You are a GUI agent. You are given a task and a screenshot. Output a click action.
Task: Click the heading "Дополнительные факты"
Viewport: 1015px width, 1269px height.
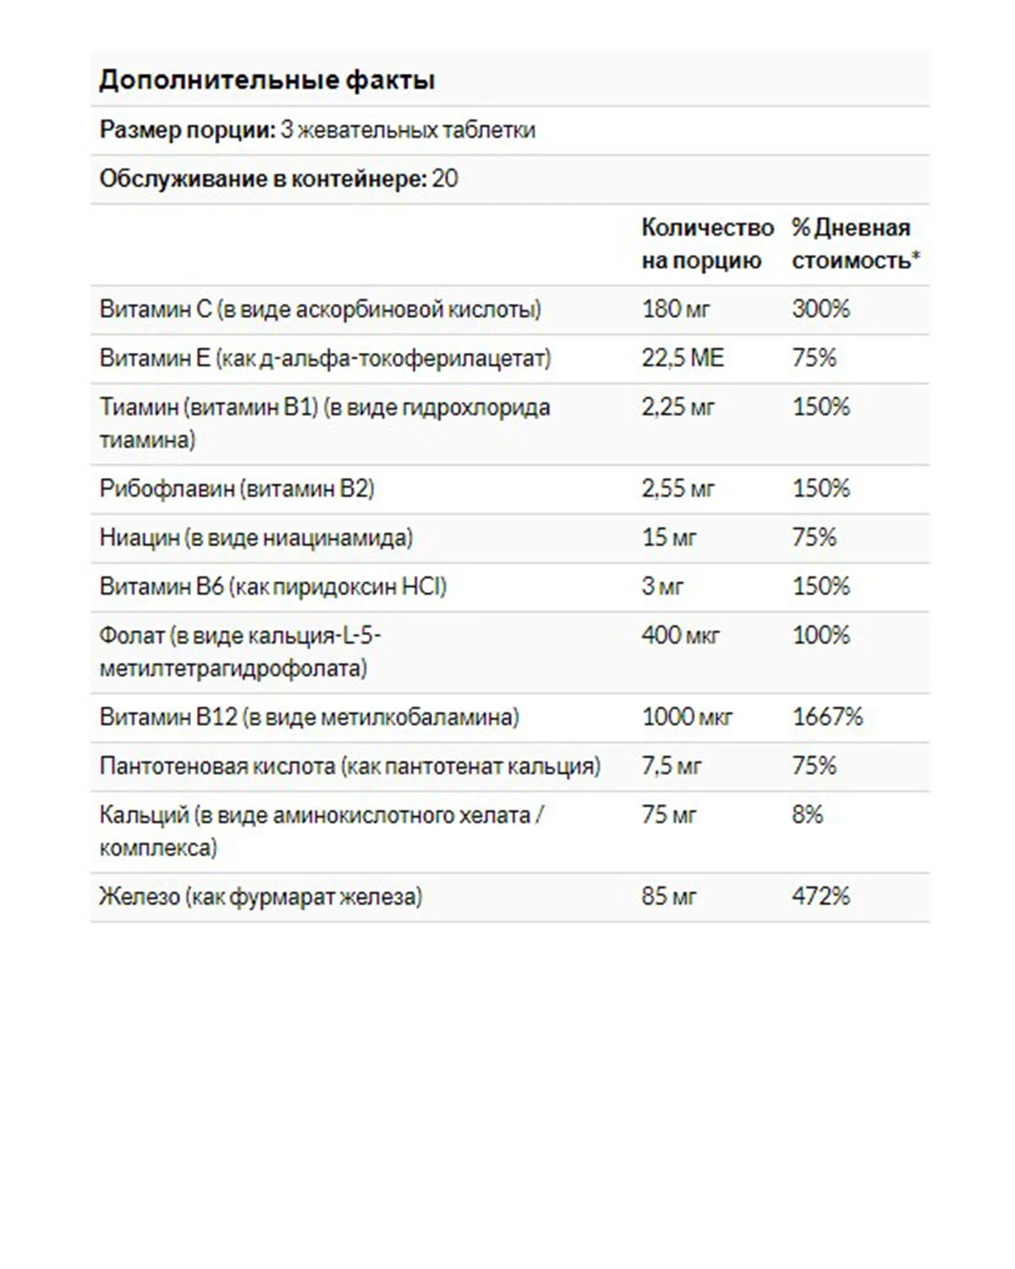(x=266, y=80)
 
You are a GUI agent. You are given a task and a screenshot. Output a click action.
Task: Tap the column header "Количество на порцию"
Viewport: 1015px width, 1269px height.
(x=706, y=244)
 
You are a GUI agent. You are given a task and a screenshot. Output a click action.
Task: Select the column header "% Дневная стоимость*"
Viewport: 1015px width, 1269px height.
(x=854, y=244)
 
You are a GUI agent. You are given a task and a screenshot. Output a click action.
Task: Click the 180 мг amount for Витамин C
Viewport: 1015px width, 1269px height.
(x=675, y=309)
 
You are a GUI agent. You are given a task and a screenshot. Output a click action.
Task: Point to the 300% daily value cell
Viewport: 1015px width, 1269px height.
(x=820, y=309)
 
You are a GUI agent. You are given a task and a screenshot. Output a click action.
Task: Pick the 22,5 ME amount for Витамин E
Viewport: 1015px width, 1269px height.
(x=683, y=358)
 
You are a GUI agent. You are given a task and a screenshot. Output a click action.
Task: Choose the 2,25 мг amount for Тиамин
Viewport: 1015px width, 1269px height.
(x=678, y=407)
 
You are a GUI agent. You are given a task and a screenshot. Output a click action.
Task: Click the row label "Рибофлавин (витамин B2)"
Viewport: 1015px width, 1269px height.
(x=237, y=488)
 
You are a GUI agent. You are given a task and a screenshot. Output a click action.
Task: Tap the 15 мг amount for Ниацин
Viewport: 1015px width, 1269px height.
(x=668, y=537)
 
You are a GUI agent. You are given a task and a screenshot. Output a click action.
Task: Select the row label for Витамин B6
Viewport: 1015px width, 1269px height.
(x=272, y=586)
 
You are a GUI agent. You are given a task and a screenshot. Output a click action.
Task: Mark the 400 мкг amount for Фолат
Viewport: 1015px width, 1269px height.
(x=680, y=635)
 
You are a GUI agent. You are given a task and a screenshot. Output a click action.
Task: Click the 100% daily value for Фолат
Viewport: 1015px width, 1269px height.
(x=820, y=635)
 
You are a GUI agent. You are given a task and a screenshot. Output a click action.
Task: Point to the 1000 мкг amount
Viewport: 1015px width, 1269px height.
(x=687, y=717)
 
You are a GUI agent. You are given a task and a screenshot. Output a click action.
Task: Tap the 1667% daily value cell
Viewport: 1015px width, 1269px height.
(x=827, y=717)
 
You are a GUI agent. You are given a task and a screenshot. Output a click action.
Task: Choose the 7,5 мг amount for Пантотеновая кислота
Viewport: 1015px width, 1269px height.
(x=672, y=766)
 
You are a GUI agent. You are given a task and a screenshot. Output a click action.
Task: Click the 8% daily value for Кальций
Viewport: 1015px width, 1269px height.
(x=807, y=815)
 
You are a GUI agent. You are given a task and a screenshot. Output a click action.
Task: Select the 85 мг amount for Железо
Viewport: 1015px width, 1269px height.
(x=668, y=896)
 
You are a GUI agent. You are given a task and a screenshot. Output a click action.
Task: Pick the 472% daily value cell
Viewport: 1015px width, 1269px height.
(x=820, y=896)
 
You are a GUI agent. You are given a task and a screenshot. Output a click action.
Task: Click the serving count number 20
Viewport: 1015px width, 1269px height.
(x=445, y=179)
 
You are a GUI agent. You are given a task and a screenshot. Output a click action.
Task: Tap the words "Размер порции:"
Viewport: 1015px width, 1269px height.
(x=188, y=129)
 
